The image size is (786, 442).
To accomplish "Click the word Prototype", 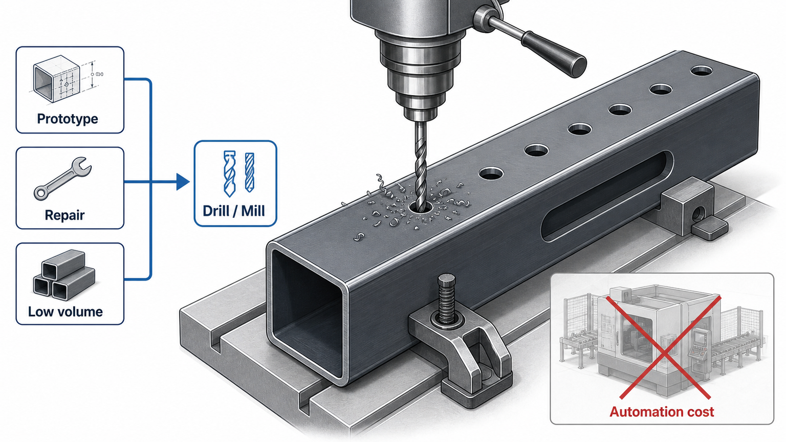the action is coord(68,119).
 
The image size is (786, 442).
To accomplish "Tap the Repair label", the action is coord(64,215).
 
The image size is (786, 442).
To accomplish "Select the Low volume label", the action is coord(65,312).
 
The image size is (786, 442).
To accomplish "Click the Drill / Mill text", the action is coord(234,211).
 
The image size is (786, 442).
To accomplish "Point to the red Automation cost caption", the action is coord(662,411).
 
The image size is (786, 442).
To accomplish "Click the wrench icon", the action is coord(62,178).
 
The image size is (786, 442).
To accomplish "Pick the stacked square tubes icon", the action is coord(64,275).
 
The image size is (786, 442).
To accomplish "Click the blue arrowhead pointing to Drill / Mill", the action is coord(183,182).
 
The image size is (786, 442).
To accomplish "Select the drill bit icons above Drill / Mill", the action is coord(239,173).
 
